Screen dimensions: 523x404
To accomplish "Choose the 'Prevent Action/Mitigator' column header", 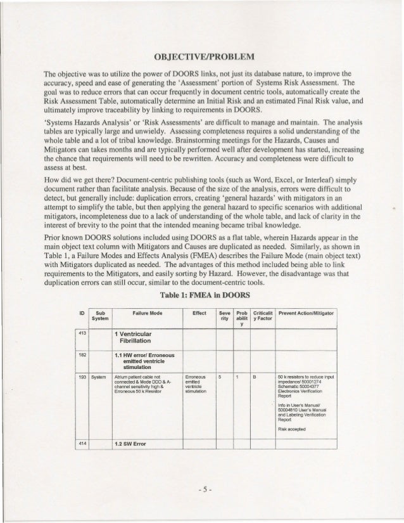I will [308, 313].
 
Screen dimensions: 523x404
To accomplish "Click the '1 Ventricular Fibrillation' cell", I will [139, 337].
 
